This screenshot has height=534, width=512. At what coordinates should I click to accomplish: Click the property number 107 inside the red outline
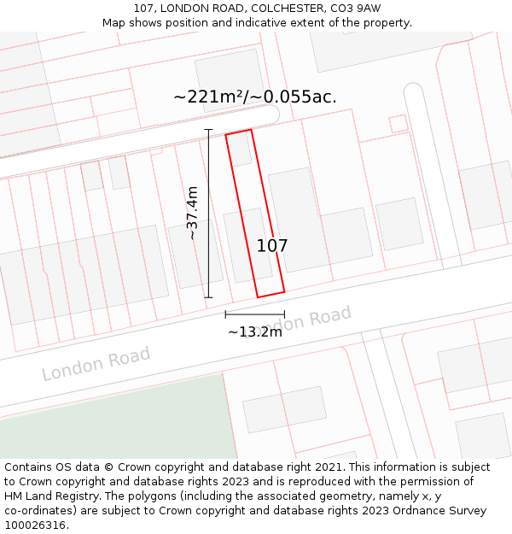point(272,246)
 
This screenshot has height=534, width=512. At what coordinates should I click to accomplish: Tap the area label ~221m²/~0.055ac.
point(255,97)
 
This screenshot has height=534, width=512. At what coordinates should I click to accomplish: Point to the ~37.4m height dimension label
point(193,213)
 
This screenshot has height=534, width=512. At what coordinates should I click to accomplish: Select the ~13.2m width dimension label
point(254,332)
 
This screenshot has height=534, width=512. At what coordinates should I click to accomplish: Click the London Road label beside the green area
point(96,364)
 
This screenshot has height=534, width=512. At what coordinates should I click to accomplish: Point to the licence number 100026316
point(37,525)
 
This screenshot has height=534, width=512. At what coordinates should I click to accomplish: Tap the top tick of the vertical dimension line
point(208,130)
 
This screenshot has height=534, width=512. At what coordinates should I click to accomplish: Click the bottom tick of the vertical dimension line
point(208,297)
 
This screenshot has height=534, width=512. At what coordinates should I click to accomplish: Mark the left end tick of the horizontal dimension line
point(225,315)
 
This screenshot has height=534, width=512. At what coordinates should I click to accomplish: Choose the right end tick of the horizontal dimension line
point(284,315)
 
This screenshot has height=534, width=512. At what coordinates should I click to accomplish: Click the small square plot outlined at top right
point(399,123)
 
